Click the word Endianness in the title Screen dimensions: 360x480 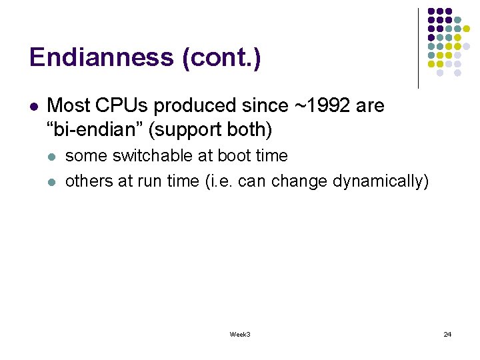[102, 58]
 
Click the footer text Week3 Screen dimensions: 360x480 [240, 334]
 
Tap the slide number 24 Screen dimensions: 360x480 [447, 334]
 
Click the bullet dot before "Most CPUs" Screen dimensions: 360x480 [33, 106]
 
